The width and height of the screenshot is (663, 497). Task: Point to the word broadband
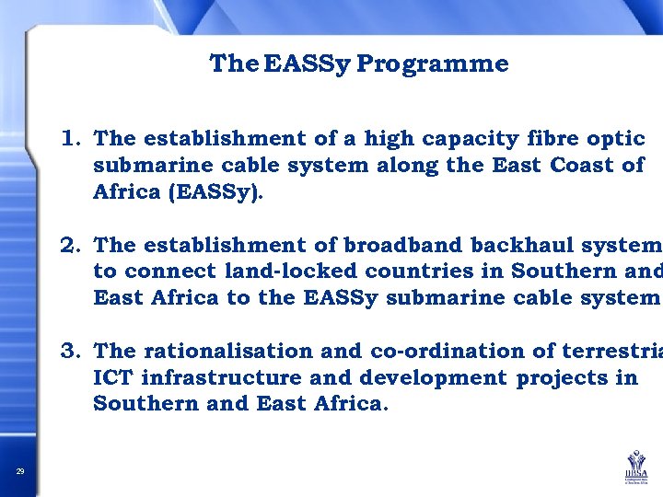403,245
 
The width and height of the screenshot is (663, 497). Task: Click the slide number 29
20,472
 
